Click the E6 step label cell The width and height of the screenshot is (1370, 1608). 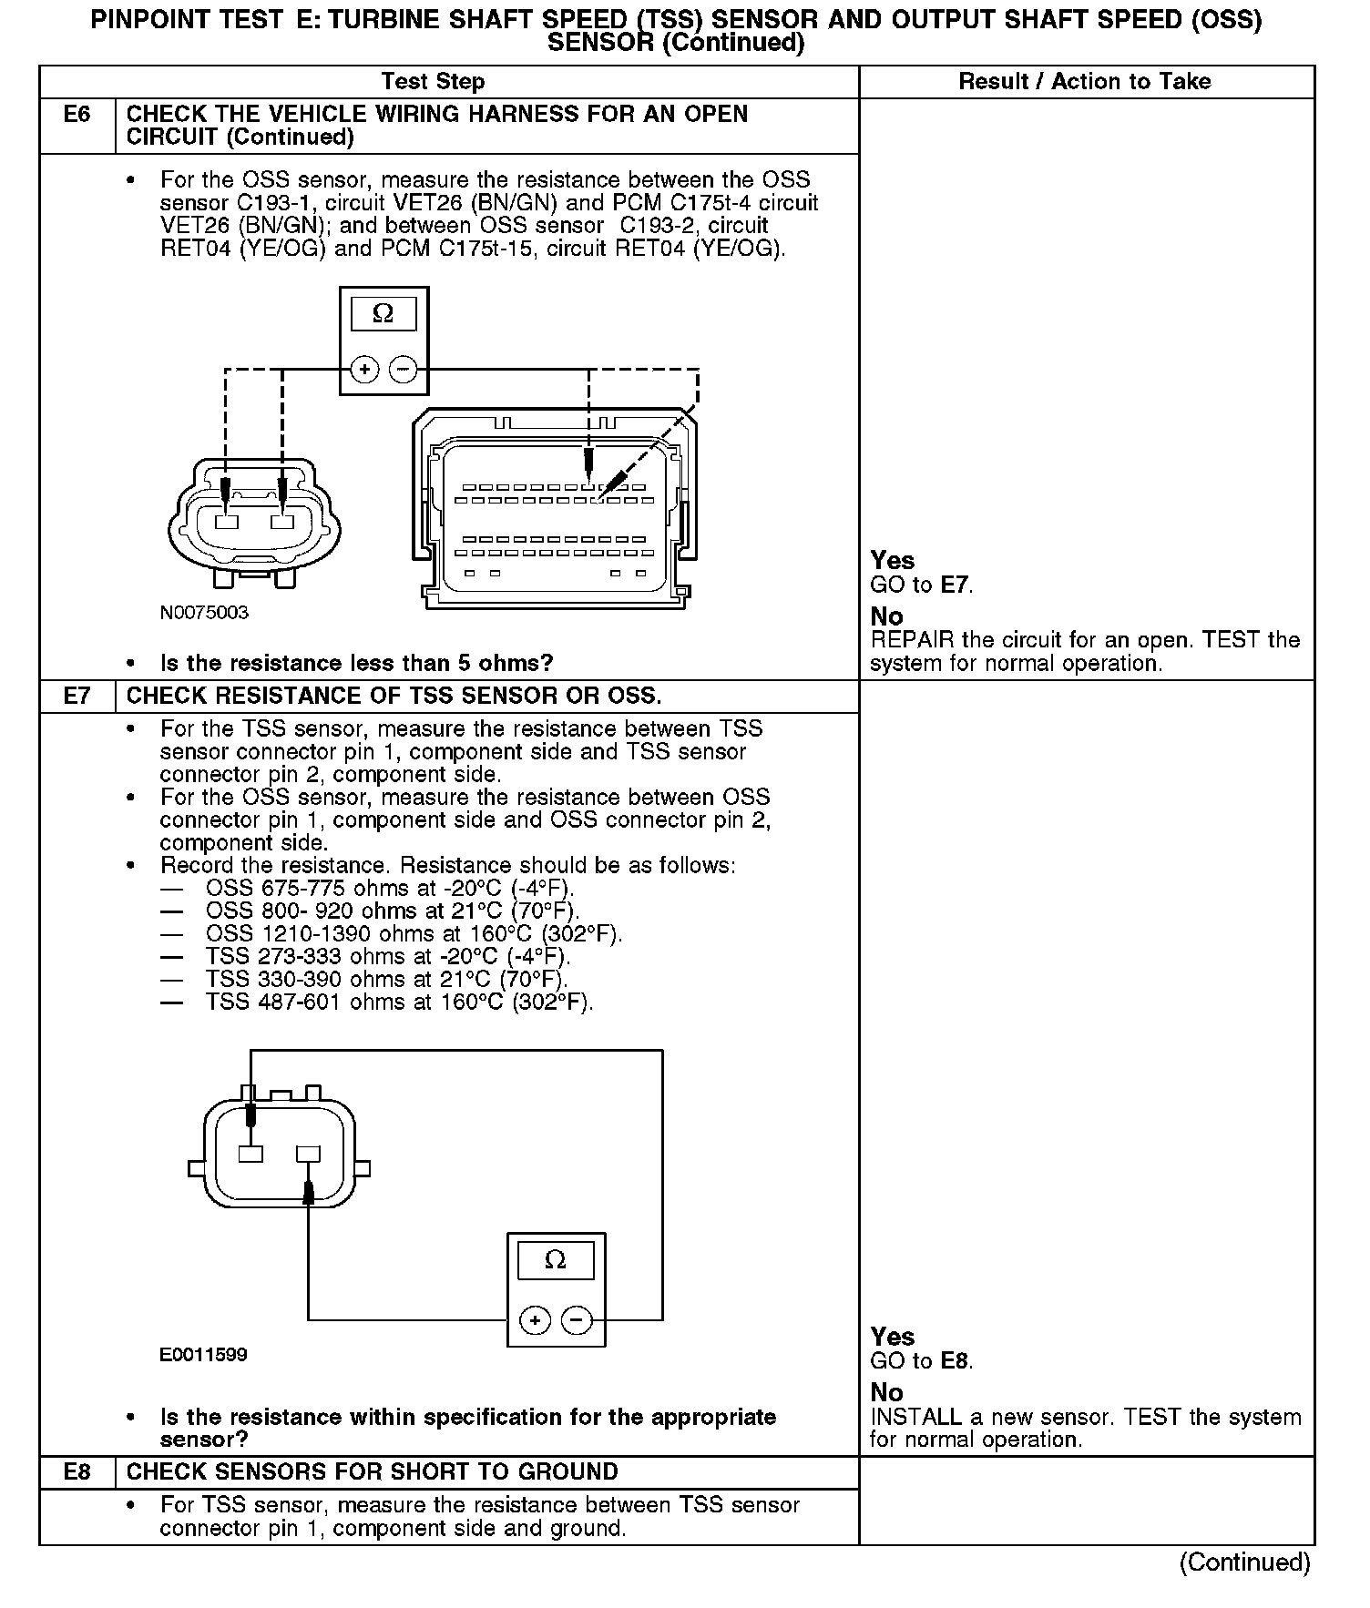point(77,126)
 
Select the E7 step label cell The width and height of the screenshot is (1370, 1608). point(77,697)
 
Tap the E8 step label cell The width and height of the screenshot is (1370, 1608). point(77,1472)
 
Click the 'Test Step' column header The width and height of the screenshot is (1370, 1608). point(433,82)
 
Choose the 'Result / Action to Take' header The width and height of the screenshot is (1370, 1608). point(1085,82)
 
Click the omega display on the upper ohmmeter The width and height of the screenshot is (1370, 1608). point(383,314)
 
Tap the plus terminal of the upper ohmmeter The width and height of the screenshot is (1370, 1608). point(364,370)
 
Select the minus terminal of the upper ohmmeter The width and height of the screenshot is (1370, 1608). point(403,370)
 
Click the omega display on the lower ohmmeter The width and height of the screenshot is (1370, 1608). point(555,1260)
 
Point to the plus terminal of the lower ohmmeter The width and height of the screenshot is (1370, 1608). point(535,1320)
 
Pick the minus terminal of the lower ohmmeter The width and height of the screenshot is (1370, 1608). point(577,1320)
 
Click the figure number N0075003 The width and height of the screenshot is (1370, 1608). point(204,613)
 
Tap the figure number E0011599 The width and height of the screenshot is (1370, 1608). point(203,1355)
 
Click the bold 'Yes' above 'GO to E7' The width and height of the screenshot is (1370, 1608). point(893,560)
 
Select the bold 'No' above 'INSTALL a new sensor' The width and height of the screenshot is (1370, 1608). point(887,1392)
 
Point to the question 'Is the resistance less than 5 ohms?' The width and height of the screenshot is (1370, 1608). point(357,663)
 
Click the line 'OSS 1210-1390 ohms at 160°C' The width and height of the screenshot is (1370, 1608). point(414,934)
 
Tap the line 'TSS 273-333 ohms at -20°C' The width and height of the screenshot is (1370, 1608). point(388,957)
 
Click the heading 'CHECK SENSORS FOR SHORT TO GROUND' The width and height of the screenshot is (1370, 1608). point(373,1472)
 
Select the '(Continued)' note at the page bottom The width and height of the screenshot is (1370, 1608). point(1245,1563)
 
